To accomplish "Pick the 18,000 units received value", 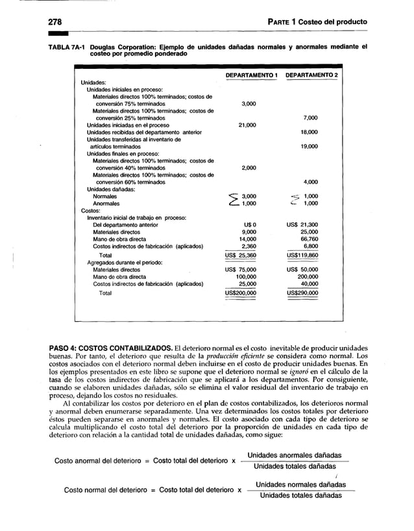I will (x=310, y=132).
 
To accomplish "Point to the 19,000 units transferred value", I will (x=310, y=146).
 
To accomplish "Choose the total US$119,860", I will (x=302, y=255).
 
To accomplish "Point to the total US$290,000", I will (x=302, y=293).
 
